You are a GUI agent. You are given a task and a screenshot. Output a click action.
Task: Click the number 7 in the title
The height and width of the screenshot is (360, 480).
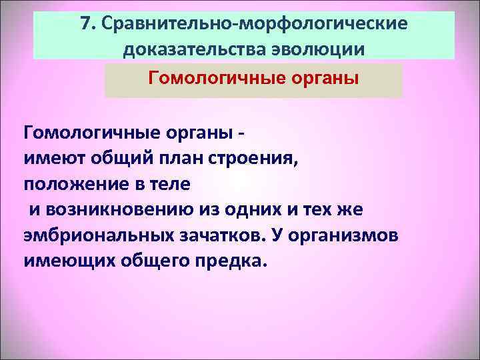[x=85, y=24]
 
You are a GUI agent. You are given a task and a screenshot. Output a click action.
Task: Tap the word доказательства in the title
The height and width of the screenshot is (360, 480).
[x=189, y=49]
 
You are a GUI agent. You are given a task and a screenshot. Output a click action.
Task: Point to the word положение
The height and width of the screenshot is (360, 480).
[x=73, y=183]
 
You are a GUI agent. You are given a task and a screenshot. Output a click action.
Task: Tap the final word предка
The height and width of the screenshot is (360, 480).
[x=231, y=259]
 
